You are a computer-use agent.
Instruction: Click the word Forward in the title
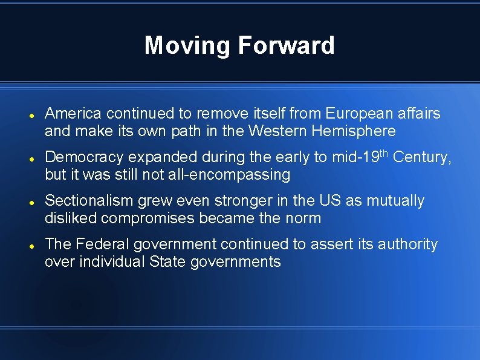(x=286, y=45)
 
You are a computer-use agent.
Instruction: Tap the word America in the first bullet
(x=73, y=113)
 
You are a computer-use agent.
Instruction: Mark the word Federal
(x=103, y=244)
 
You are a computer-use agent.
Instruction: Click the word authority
(x=407, y=244)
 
